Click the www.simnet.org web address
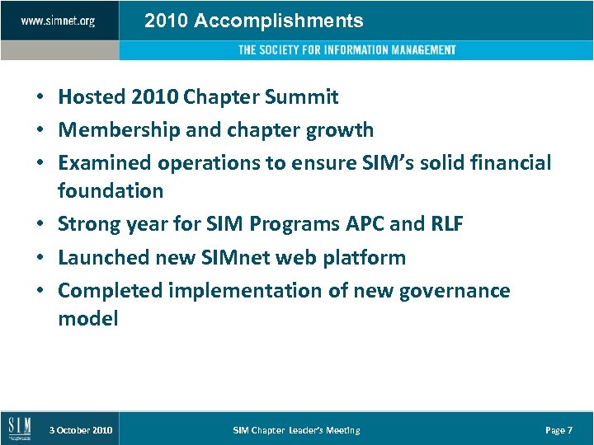pyautogui.click(x=58, y=21)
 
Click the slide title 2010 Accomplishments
pyautogui.click(x=253, y=21)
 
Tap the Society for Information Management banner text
pyautogui.click(x=346, y=50)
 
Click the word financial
pyautogui.click(x=509, y=163)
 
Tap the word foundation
pyautogui.click(x=111, y=191)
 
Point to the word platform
pyautogui.click(x=365, y=258)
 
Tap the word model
pyautogui.click(x=88, y=319)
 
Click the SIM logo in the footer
pyautogui.click(x=19, y=428)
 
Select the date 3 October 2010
pyautogui.click(x=81, y=430)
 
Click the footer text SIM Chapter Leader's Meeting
pyautogui.click(x=296, y=430)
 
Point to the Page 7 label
pyautogui.click(x=559, y=430)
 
